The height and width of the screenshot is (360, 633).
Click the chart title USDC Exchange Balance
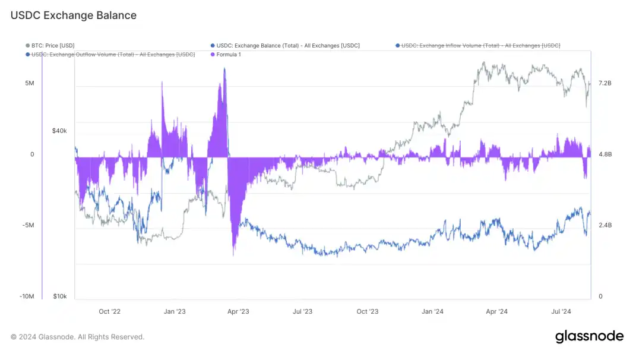click(74, 15)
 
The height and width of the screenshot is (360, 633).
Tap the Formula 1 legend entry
click(229, 55)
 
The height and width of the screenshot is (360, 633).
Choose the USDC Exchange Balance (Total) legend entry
click(288, 46)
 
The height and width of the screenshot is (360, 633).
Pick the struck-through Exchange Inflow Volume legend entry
click(480, 46)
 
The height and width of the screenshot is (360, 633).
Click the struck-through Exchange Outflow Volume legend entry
click(113, 55)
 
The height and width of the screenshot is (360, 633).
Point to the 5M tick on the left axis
click(29, 83)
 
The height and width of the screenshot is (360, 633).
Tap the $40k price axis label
click(59, 131)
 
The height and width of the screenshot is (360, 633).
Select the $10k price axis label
click(59, 296)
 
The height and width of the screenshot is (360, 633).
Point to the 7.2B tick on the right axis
click(604, 83)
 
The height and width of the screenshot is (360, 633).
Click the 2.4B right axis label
click(604, 225)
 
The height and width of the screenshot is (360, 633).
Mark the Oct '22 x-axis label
click(110, 311)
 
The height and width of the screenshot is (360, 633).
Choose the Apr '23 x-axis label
click(239, 311)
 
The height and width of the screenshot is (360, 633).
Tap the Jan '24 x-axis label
click(432, 311)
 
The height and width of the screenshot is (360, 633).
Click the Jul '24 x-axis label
click(561, 311)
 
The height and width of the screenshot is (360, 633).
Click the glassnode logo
click(589, 336)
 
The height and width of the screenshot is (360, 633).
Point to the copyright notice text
click(77, 337)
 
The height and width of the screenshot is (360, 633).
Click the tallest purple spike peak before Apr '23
click(224, 69)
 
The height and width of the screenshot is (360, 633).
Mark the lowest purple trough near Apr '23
click(233, 254)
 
